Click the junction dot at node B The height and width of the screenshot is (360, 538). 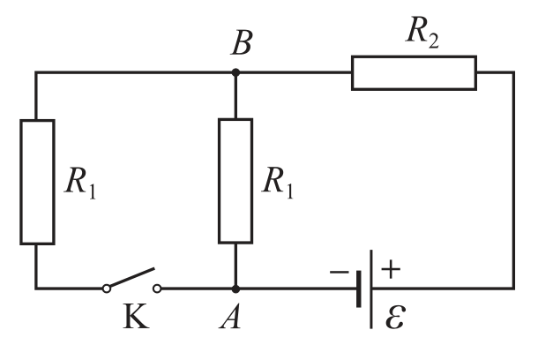pyautogui.click(x=235, y=72)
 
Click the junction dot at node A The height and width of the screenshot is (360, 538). pyautogui.click(x=235, y=289)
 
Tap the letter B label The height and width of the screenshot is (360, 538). pyautogui.click(x=242, y=42)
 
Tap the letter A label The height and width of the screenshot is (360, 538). pyautogui.click(x=230, y=317)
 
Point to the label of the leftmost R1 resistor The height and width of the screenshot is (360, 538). pyautogui.click(x=80, y=183)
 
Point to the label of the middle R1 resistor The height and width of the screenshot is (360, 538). pyautogui.click(x=278, y=183)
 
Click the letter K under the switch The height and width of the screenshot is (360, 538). pyautogui.click(x=136, y=317)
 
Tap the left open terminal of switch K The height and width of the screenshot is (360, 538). pyautogui.click(x=107, y=289)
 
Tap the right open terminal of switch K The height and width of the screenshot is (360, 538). pyautogui.click(x=157, y=289)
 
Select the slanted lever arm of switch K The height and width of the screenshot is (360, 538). pyautogui.click(x=131, y=278)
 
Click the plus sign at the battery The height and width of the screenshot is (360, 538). pyautogui.click(x=391, y=269)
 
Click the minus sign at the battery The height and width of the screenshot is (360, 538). pyautogui.click(x=339, y=273)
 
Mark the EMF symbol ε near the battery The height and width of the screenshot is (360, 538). pyautogui.click(x=396, y=318)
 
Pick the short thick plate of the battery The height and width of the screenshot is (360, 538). pyautogui.click(x=359, y=289)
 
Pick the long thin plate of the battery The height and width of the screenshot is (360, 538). pyautogui.click(x=371, y=289)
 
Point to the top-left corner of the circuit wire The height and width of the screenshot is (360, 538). pyautogui.click(x=35, y=72)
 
